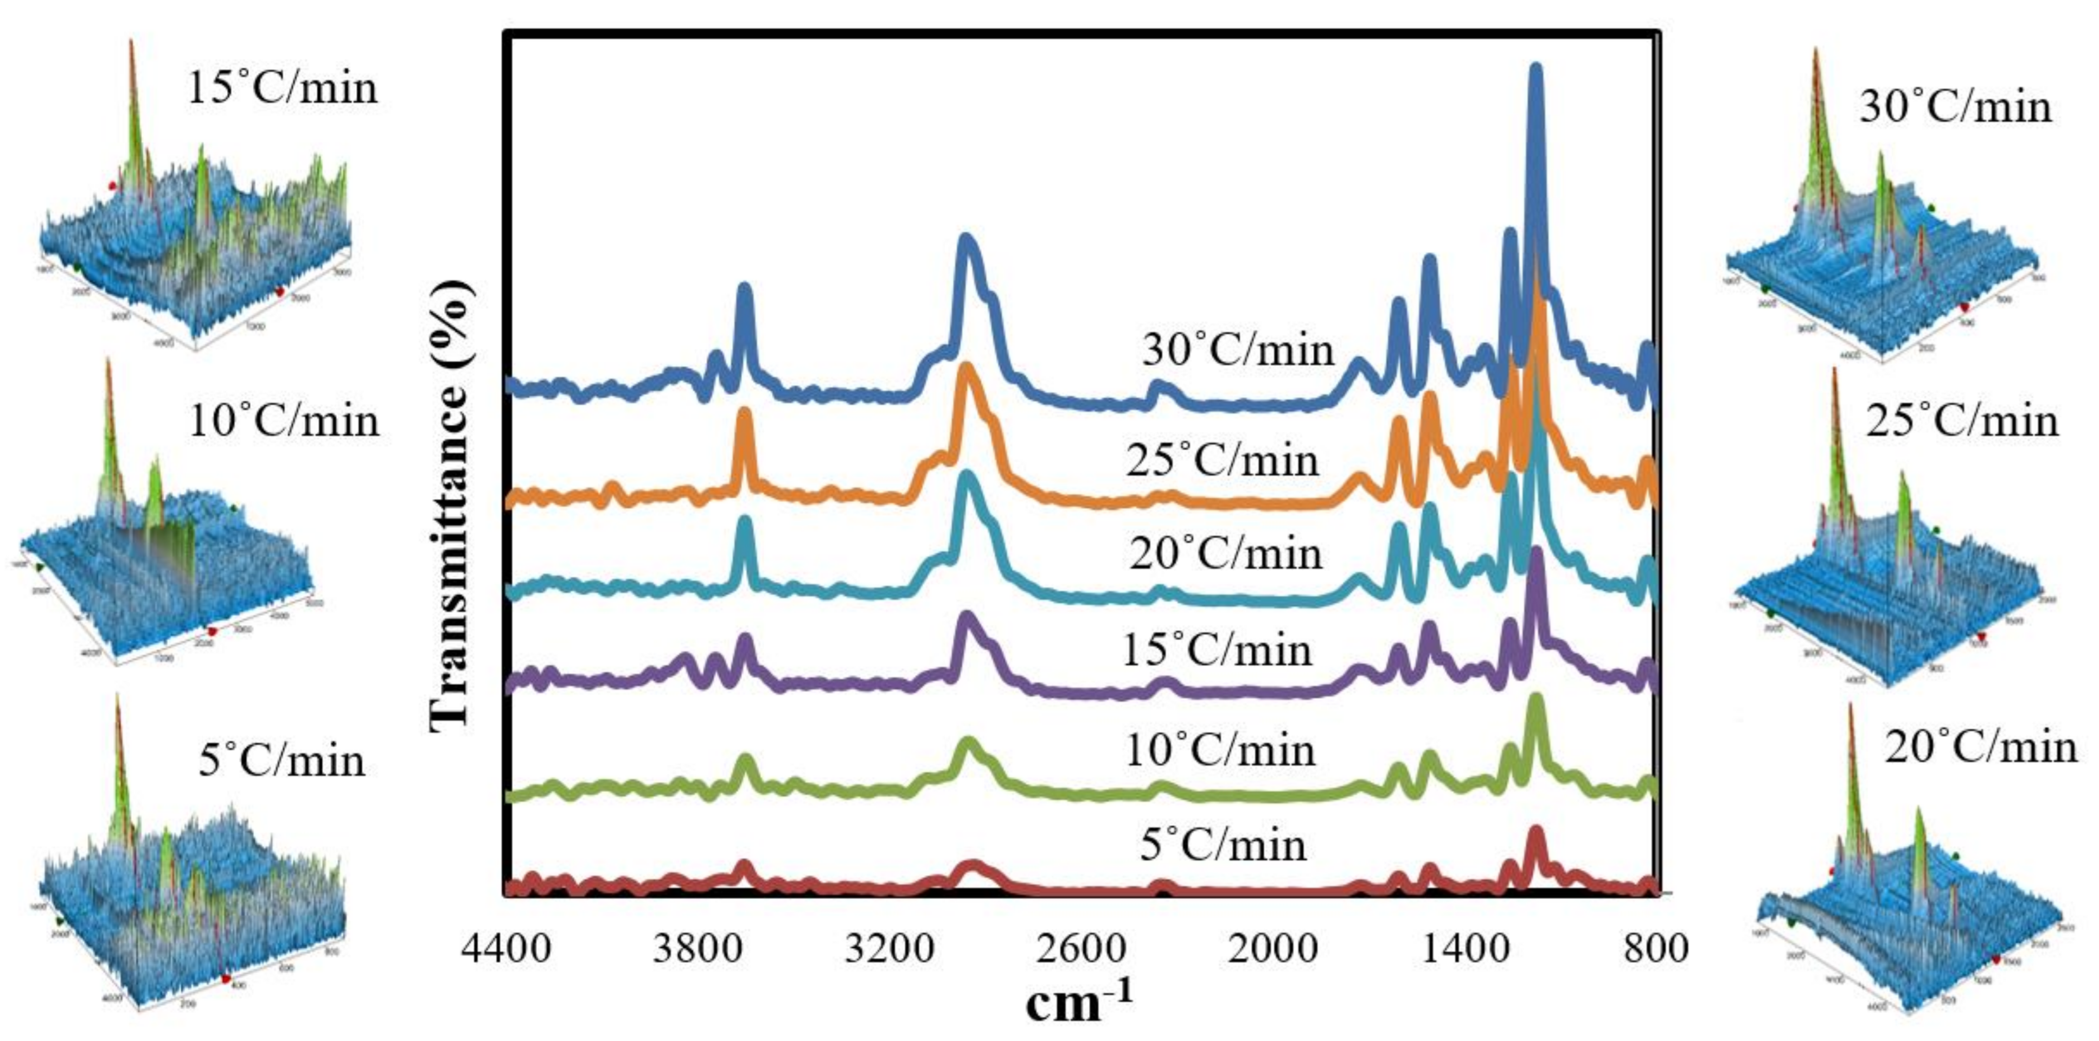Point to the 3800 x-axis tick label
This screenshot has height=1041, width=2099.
697,948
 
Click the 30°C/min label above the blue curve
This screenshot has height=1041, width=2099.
1238,350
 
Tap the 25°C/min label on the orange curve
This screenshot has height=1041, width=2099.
1222,460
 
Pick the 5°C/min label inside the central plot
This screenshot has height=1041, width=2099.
1222,845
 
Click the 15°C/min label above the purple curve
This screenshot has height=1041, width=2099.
1217,650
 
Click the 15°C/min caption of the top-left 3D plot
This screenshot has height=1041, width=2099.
282,87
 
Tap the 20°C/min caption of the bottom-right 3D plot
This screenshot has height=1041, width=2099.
1981,748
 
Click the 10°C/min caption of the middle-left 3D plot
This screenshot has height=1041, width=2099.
284,421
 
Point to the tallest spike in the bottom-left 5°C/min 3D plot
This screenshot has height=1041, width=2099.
117,699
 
